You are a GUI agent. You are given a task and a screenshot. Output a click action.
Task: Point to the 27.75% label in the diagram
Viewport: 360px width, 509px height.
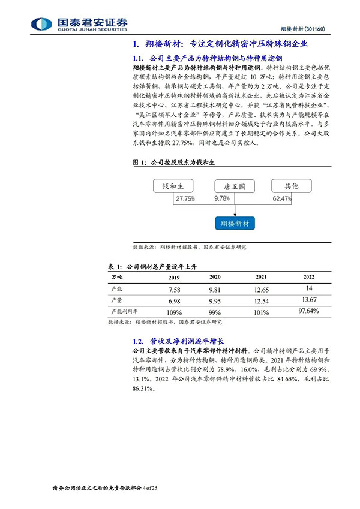(185, 197)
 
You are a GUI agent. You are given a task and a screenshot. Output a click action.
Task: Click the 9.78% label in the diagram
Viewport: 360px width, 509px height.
(222, 197)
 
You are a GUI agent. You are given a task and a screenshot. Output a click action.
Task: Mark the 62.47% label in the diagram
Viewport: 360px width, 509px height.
(283, 197)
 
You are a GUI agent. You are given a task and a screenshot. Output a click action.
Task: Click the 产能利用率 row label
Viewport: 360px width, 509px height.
(124, 312)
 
